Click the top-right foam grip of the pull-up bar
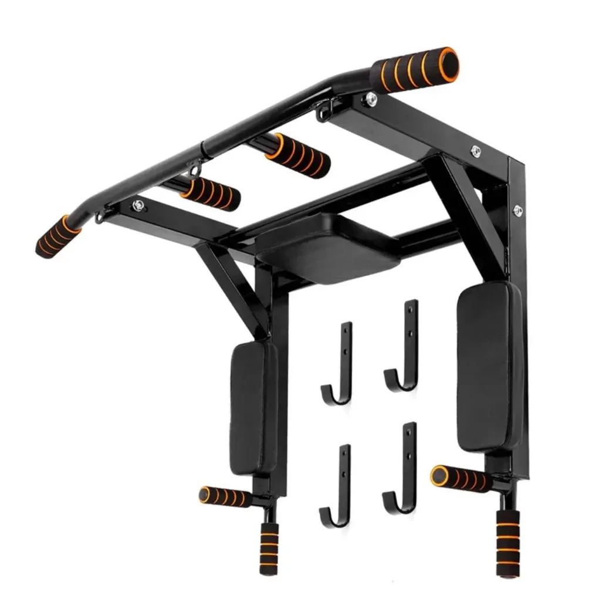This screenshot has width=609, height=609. [415, 70]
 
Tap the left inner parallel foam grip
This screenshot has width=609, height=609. [210, 194]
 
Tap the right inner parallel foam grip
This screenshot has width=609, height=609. [297, 155]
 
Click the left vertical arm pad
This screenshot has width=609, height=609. [253, 408]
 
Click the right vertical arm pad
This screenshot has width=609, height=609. [489, 366]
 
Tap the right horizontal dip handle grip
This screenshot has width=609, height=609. [460, 478]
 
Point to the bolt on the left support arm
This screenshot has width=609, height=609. [138, 205]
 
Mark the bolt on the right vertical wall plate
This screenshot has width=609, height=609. [517, 209]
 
